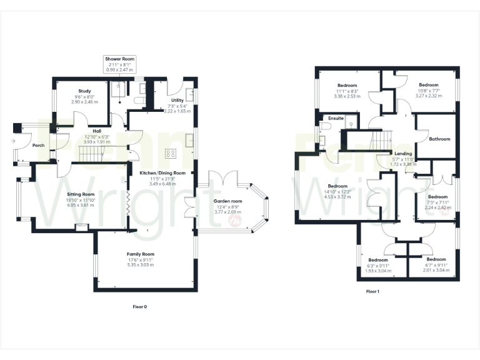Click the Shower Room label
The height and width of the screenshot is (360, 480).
pyautogui.click(x=119, y=59)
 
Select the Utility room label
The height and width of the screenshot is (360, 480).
pyautogui.click(x=176, y=100)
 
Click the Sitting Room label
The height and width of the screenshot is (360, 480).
pyautogui.click(x=80, y=194)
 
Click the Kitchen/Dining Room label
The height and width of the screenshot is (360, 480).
pyautogui.click(x=162, y=172)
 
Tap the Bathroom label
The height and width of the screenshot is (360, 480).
pyautogui.click(x=439, y=139)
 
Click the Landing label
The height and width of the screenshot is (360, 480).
pyautogui.click(x=402, y=154)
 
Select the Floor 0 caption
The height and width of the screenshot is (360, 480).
pyautogui.click(x=141, y=307)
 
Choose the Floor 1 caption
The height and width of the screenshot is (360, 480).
pyautogui.click(x=372, y=291)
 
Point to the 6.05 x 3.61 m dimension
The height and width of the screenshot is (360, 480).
pyautogui.click(x=80, y=205)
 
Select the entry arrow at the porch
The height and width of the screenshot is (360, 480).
pyautogui.click(x=14, y=141)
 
